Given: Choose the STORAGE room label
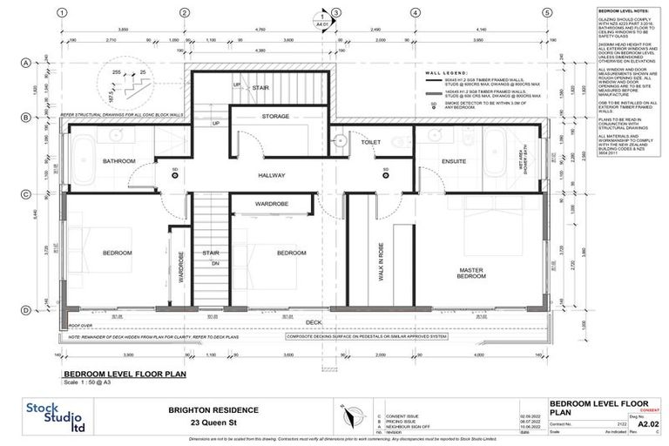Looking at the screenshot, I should [275, 116].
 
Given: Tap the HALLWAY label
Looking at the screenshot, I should [272, 175].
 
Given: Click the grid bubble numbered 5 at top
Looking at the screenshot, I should [546, 13].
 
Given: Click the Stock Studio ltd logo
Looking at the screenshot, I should [53, 417].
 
